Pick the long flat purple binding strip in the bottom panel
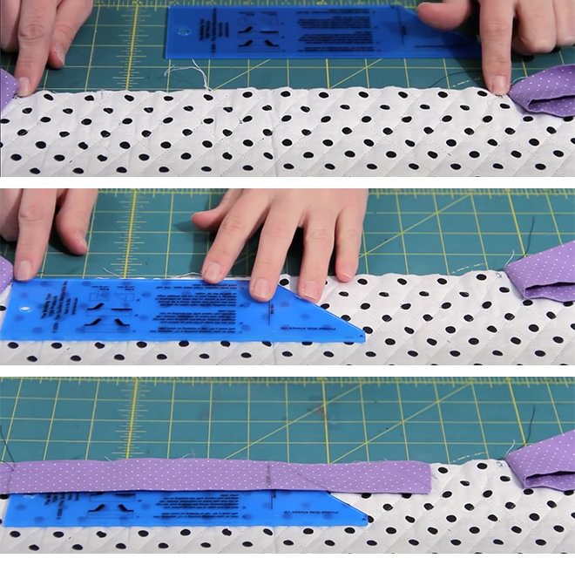tap(218, 476)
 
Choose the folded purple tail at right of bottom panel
tap(542, 462)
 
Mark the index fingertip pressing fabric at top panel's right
tap(498, 84)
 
